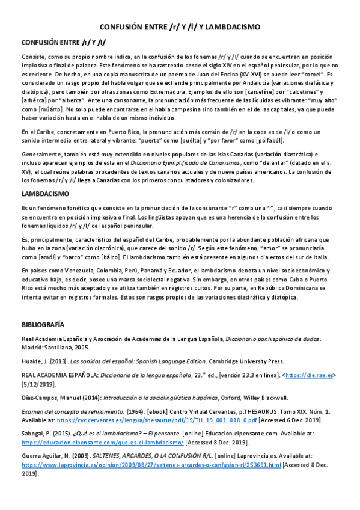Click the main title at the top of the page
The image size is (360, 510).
click(x=180, y=27)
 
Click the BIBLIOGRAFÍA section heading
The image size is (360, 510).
click(x=42, y=324)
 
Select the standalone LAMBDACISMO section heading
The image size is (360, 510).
click(x=45, y=194)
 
